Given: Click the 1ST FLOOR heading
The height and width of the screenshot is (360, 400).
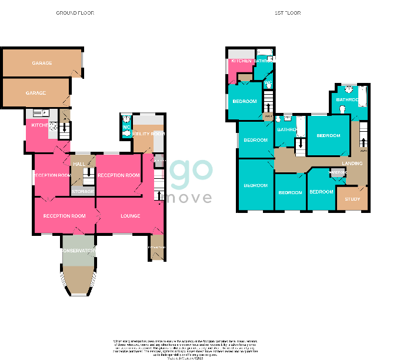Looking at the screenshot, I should coord(288,12).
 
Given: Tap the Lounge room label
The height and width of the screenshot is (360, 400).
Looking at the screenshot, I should coord(131,216).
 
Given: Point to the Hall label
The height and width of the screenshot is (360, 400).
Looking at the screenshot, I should coord(78,164).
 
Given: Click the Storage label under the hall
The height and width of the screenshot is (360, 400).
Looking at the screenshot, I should coord(83,191).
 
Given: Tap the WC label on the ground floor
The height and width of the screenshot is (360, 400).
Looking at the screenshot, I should coord(126,128).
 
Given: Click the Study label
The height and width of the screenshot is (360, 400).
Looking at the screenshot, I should coord(352,199).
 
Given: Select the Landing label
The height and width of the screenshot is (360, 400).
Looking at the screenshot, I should coord(352,163).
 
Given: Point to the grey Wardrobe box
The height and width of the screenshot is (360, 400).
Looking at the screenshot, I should coord(338,173).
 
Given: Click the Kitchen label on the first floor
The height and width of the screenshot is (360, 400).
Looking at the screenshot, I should coord(241,61).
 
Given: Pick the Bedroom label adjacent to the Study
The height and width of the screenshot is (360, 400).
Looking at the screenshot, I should coord(321,192).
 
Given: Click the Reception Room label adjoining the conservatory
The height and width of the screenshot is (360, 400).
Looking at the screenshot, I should coord(64,216).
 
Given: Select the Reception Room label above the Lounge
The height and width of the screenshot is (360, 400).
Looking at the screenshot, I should coord(119,175).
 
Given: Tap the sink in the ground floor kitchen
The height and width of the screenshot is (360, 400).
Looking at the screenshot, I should coord(39,112).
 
